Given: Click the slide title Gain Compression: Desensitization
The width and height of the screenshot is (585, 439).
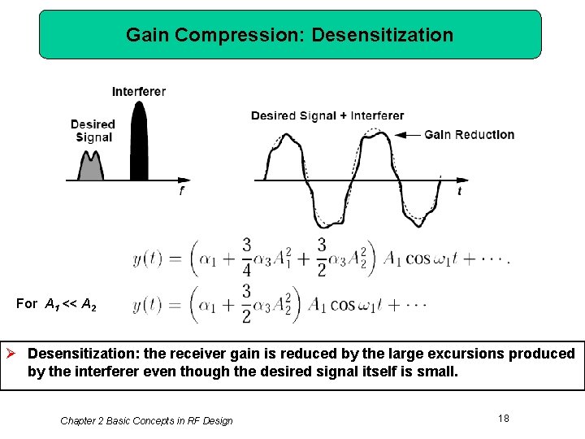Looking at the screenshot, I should (289, 35).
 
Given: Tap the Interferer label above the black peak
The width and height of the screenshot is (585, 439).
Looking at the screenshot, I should (139, 91).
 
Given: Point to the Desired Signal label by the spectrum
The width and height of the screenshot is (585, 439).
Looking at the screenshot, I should (93, 131).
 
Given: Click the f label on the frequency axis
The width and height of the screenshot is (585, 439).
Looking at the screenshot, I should (181, 192).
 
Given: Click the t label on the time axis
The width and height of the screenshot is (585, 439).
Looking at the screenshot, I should (460, 192).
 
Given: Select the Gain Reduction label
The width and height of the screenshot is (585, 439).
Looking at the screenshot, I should (469, 135).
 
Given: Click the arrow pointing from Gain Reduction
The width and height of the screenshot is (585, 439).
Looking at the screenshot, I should (412, 135).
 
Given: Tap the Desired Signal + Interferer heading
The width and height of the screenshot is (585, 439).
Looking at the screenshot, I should (327, 115).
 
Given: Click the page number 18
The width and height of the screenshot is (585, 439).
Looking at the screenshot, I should (504, 418).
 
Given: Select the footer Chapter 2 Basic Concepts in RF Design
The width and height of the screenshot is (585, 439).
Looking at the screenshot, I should (146, 420).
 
